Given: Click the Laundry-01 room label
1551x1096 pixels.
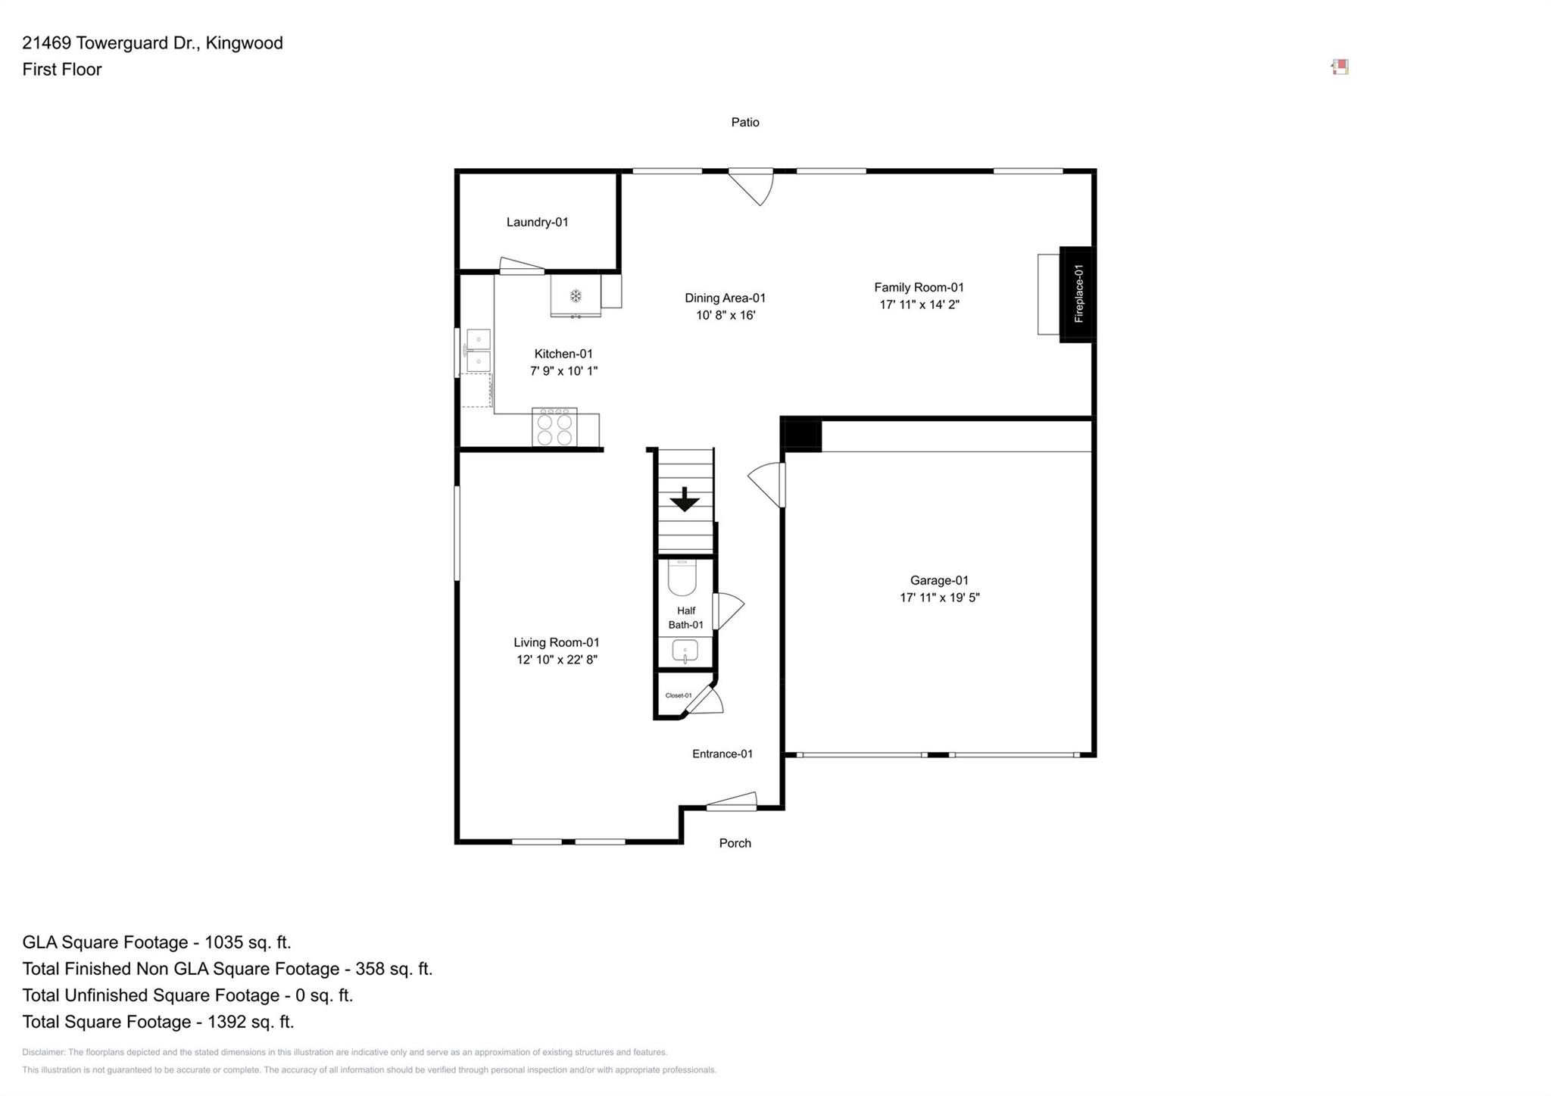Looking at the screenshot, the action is [537, 222].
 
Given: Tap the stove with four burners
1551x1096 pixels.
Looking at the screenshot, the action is [554, 428].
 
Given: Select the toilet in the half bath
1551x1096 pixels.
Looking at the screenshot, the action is [682, 578].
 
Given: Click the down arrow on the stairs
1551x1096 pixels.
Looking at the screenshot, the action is [685, 499].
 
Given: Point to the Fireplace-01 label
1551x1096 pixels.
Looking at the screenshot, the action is [1078, 294].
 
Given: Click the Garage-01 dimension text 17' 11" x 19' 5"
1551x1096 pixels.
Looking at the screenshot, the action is [939, 598].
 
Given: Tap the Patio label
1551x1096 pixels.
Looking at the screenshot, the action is [745, 122].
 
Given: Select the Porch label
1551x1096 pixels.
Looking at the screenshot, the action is [735, 843].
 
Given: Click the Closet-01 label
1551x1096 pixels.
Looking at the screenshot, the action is [679, 695].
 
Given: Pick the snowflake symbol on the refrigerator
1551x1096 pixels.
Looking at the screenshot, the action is [576, 295].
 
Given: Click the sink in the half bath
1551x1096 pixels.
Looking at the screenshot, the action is [685, 651].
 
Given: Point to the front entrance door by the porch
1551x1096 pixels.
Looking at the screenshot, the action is [732, 801].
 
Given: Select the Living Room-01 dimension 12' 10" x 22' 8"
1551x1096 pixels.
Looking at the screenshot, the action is [557, 660].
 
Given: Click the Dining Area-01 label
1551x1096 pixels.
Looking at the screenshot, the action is [726, 298].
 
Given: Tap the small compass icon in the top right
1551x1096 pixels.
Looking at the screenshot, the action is [1340, 67].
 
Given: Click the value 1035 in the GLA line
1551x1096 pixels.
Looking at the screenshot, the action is [225, 942].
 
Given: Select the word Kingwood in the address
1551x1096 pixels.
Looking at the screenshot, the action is [245, 43].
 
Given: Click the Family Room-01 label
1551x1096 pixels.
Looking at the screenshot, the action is [919, 287].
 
